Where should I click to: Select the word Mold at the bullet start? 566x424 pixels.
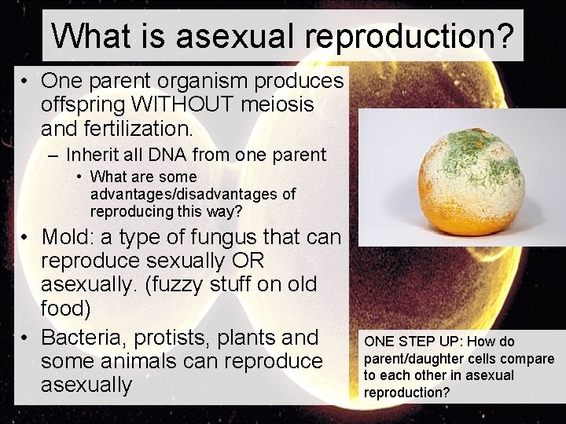[x=67, y=236]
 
